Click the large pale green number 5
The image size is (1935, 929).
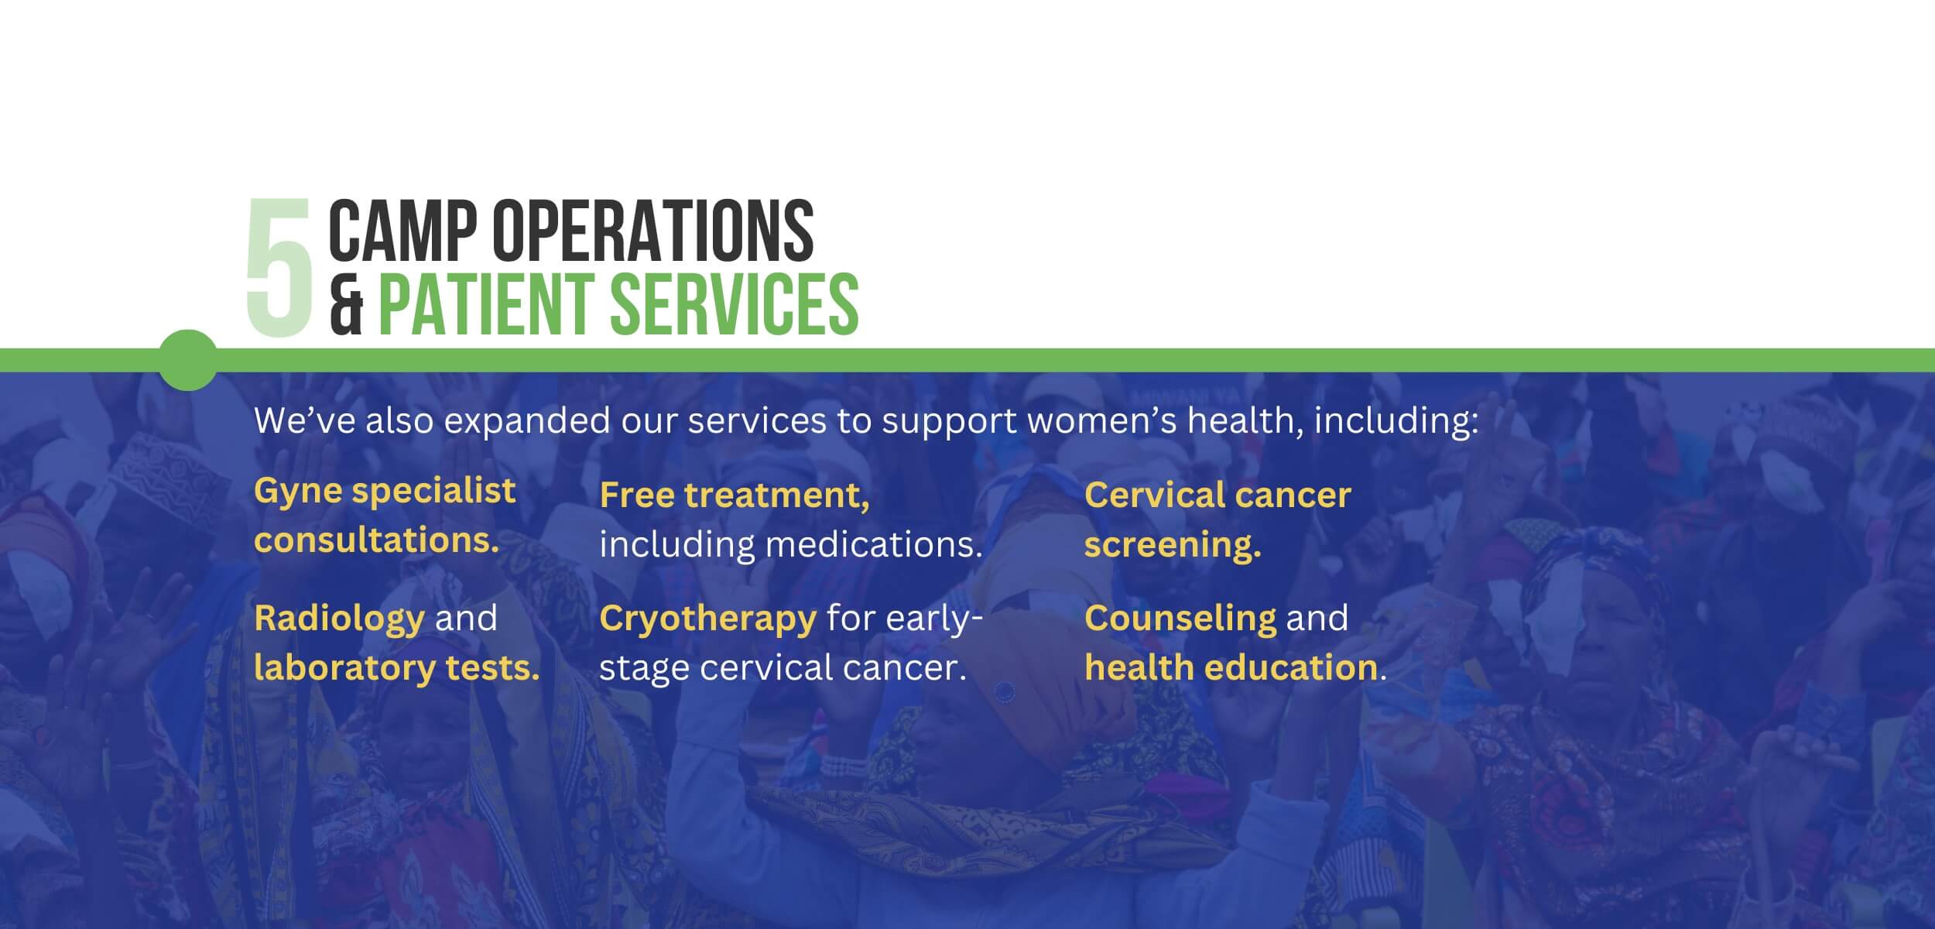pyautogui.click(x=279, y=266)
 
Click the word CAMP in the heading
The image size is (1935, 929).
pyautogui.click(x=406, y=230)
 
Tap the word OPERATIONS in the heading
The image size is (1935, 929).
pyautogui.click(x=653, y=230)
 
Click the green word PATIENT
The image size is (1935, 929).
pyautogui.click(x=489, y=303)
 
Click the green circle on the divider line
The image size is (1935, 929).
pyautogui.click(x=188, y=360)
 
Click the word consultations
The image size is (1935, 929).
pyautogui.click(x=377, y=540)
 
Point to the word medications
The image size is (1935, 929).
pyautogui.click(x=874, y=544)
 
